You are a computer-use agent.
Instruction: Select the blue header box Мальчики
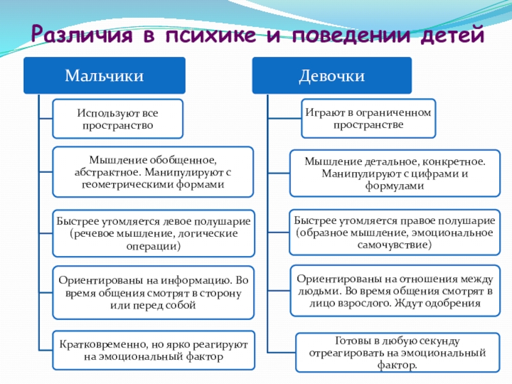104,76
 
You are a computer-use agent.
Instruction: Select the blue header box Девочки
332,76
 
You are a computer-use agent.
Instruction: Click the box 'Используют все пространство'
118,119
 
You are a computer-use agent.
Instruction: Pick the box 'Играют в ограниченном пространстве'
368,118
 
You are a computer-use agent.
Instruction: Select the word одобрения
456,303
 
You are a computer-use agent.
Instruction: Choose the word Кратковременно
97,345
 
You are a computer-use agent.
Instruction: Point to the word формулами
394,186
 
